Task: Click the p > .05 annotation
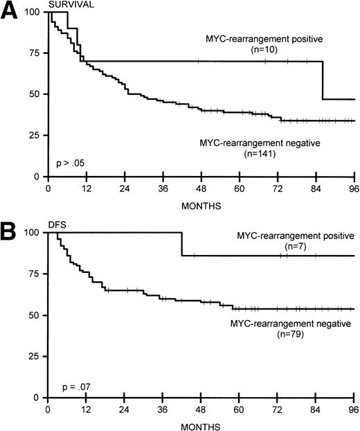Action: coord(73,164)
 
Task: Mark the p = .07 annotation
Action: coord(71,385)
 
